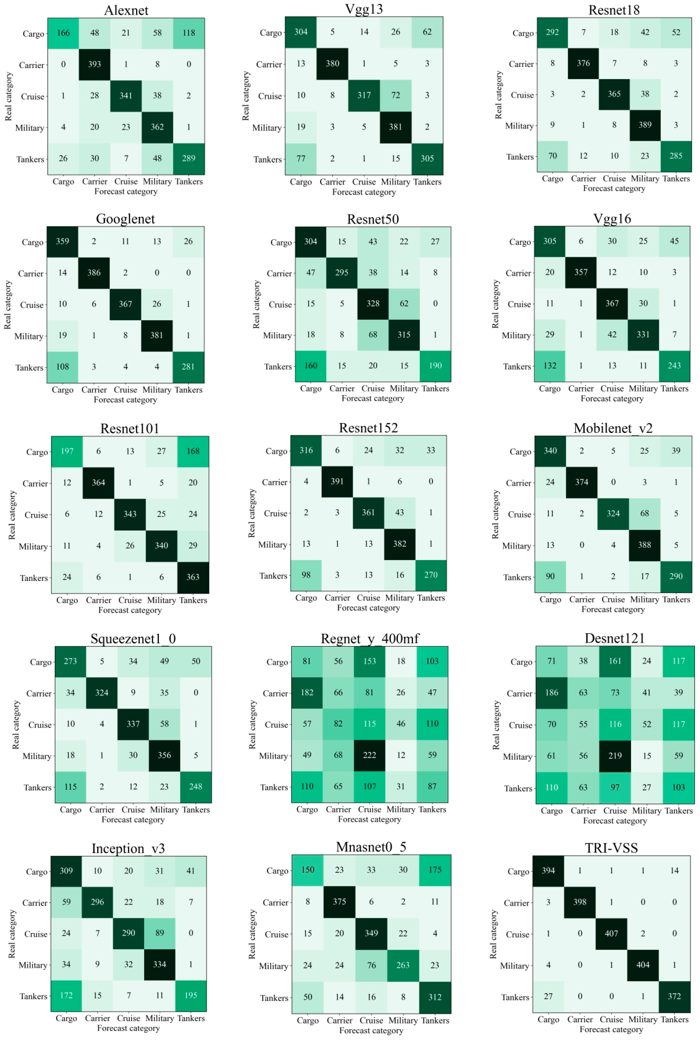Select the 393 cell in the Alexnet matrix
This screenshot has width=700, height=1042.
[95, 64]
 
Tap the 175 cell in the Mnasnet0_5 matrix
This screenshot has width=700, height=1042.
[435, 870]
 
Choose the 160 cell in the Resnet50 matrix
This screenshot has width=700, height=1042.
[311, 366]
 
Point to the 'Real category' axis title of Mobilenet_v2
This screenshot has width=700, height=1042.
[495, 514]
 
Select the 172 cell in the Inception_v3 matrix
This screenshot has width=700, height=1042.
[66, 995]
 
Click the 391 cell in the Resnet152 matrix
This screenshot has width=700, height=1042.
[337, 481]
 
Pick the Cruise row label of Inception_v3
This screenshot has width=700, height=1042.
[36, 934]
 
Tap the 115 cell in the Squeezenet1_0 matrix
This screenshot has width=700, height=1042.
[71, 787]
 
